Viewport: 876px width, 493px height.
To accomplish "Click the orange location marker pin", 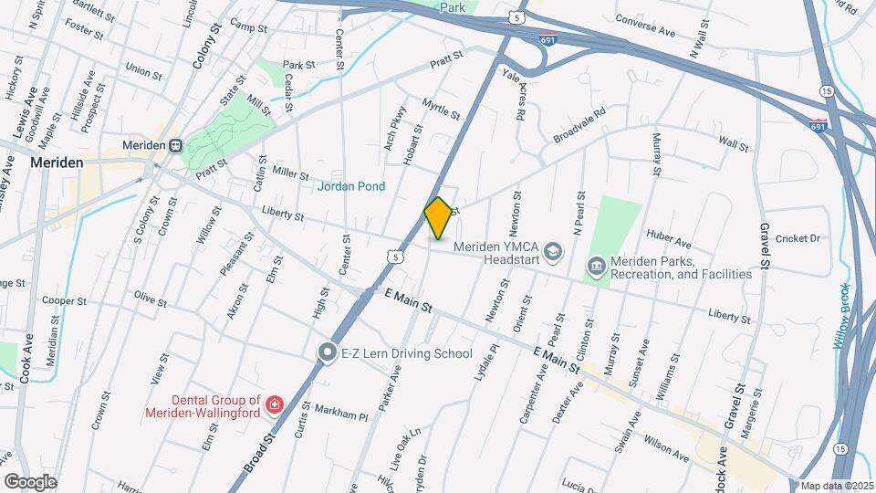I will (439, 218).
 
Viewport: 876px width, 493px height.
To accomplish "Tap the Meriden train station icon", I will (174, 146).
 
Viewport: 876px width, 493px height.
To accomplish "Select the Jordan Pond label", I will (351, 186).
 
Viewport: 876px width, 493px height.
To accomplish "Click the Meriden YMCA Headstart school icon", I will (552, 250).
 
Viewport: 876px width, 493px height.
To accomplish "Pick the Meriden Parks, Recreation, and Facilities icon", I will (597, 267).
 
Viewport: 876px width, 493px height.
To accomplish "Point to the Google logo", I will (30, 481).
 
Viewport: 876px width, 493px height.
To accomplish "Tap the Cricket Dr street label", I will (798, 238).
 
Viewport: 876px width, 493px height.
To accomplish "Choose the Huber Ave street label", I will (669, 244).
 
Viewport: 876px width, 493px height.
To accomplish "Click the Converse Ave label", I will (644, 26).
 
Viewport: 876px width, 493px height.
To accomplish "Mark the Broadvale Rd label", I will (579, 126).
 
